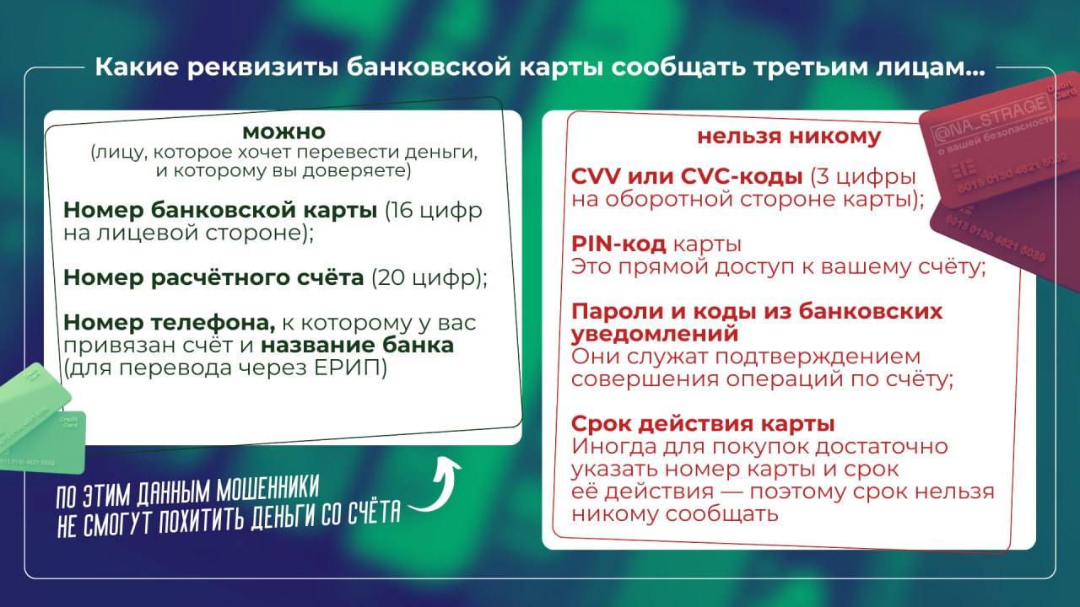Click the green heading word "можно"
click(283, 132)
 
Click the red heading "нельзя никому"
click(788, 137)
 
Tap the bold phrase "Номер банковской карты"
click(220, 210)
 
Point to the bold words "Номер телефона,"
click(170, 323)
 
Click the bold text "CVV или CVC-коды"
click(687, 178)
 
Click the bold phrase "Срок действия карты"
click(703, 423)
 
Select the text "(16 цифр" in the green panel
click(434, 210)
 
